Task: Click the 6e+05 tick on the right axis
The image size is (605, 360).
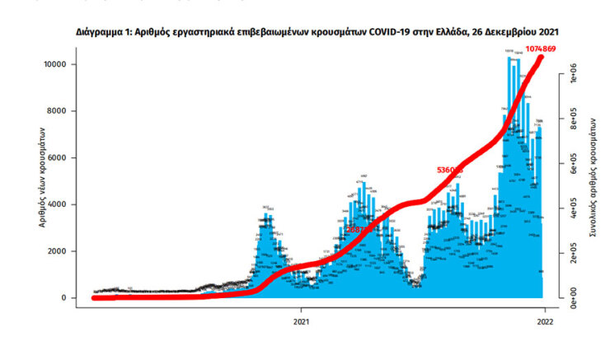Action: [566, 165]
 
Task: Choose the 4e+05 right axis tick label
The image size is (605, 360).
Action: [566, 209]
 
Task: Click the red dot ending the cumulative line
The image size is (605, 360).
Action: [542, 58]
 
